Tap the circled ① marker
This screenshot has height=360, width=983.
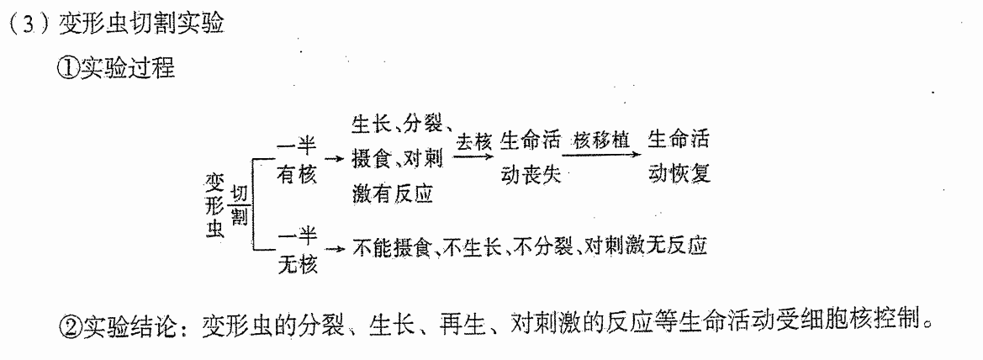tap(69, 68)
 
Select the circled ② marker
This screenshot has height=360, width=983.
tap(69, 324)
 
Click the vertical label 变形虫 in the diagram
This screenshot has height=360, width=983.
tap(214, 206)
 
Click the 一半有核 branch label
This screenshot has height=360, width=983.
tap(297, 160)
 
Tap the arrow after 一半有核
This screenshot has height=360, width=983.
tap(336, 159)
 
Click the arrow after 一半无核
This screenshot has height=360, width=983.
tap(336, 248)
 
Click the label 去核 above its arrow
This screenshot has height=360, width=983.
tap(473, 141)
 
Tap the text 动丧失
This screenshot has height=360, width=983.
tap(531, 175)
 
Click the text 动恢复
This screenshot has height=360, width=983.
tap(679, 173)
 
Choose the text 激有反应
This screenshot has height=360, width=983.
tap(393, 194)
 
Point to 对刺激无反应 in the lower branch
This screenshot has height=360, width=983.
tap(646, 246)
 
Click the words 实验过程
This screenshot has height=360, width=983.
tap(127, 68)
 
